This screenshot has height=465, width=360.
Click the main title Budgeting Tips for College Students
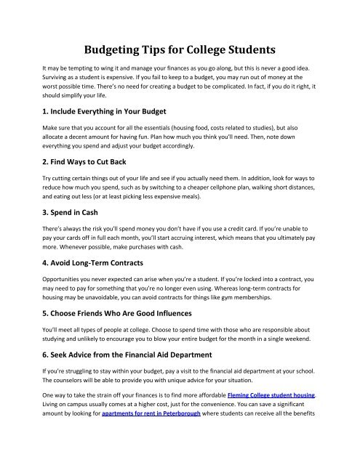(180, 50)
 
